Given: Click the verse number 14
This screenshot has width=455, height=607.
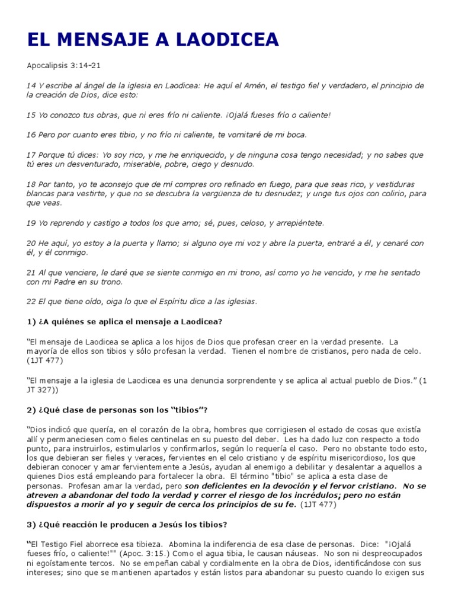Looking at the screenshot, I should [x=31, y=85].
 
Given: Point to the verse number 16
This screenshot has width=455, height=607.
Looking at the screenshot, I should [x=31, y=135].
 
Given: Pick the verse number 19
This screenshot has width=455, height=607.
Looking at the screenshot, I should [x=31, y=223].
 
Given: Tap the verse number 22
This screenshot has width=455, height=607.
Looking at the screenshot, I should [x=31, y=301].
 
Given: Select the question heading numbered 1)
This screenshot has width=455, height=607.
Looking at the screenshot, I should [x=124, y=321].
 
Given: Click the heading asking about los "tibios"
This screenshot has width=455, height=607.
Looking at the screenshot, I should [x=117, y=410].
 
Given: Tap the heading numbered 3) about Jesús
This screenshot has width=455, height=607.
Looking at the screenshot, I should [x=127, y=524].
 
